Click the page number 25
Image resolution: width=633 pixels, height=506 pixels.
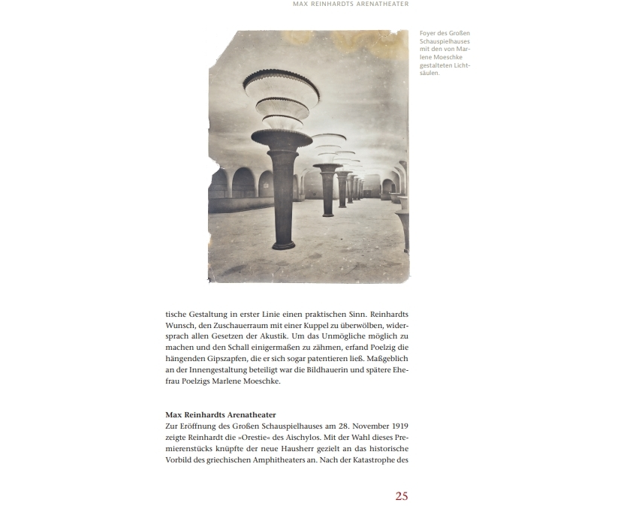401,495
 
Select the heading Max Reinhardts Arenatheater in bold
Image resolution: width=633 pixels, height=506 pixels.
221,414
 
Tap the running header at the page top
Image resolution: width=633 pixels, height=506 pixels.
351,5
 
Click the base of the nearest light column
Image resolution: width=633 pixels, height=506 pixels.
283,245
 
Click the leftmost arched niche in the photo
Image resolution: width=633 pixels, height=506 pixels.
219,184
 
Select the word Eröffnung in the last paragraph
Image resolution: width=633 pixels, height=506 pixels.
197,426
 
